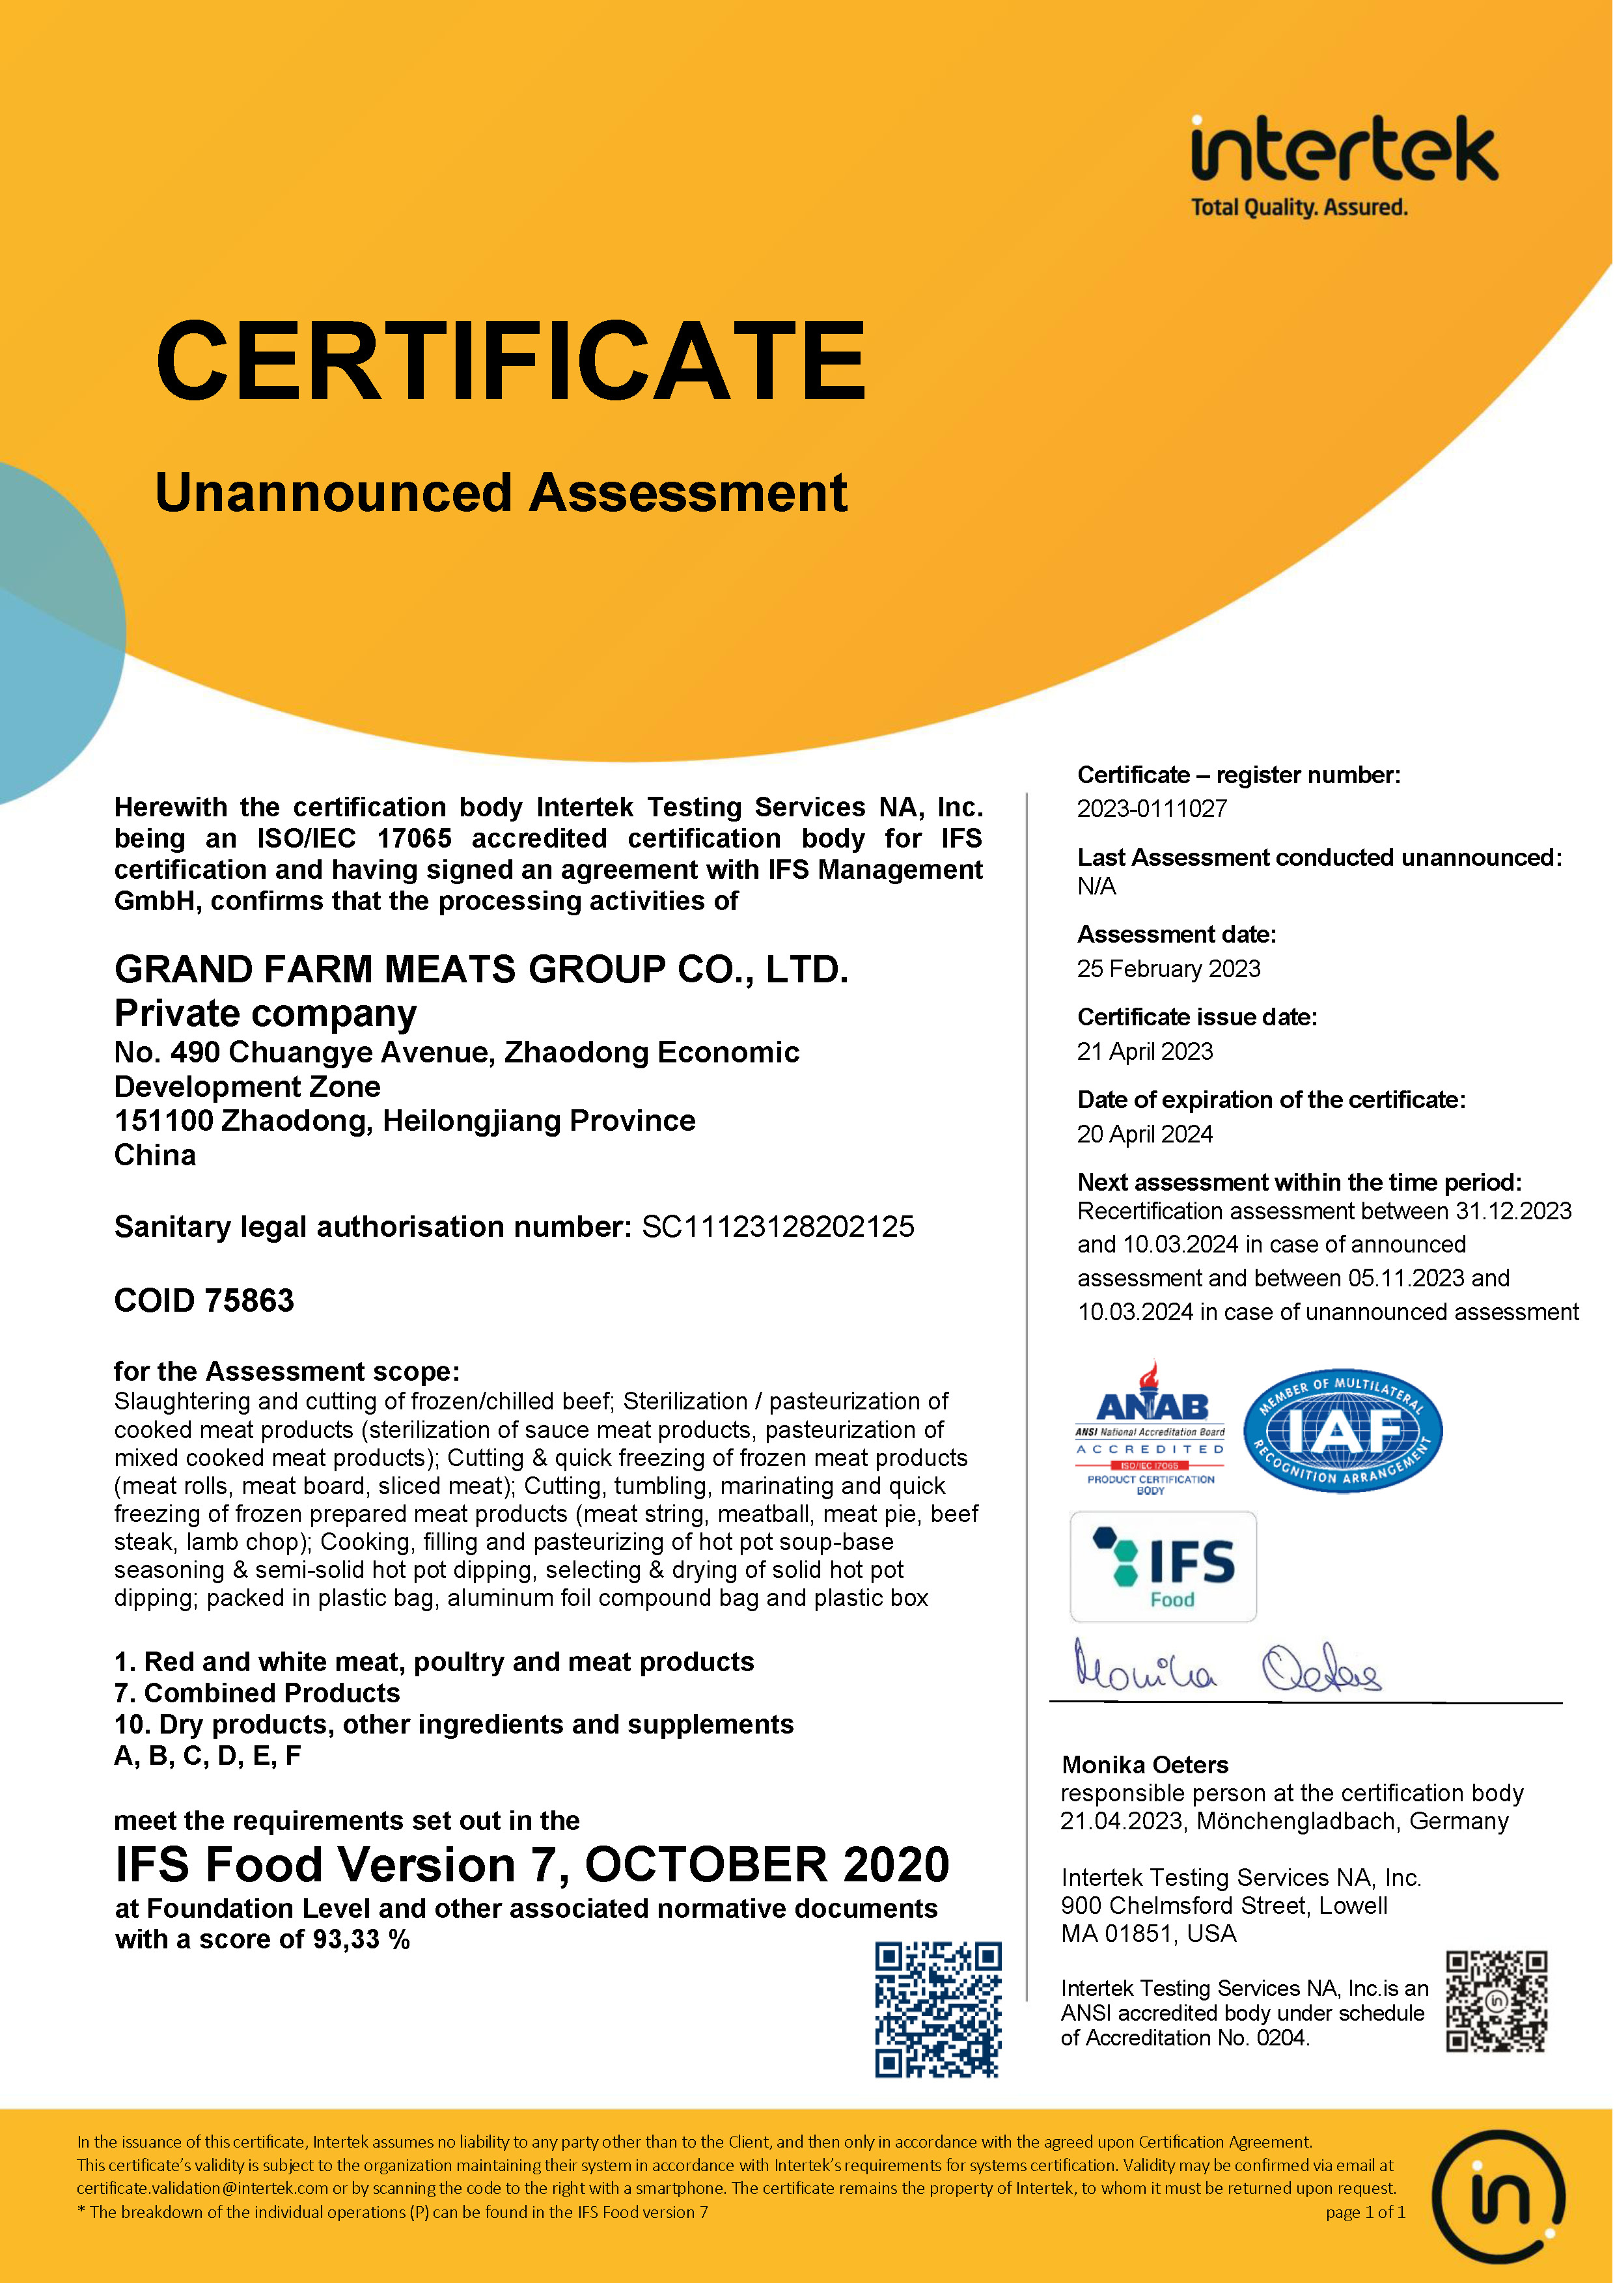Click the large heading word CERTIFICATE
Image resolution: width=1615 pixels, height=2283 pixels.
click(x=511, y=360)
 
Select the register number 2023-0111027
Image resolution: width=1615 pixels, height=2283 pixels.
click(x=1152, y=809)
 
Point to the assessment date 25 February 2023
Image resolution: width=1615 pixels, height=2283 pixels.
click(x=1168, y=969)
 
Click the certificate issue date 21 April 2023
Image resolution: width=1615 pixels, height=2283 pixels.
click(x=1144, y=1051)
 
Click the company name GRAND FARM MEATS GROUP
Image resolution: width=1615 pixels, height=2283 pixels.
click(x=481, y=969)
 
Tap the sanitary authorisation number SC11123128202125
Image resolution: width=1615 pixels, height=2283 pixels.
click(x=778, y=1227)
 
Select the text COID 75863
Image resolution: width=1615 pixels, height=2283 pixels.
click(x=204, y=1301)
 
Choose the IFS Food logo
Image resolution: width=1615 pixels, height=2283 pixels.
click(x=1163, y=1567)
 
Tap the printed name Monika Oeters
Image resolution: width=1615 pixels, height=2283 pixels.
click(x=1144, y=1765)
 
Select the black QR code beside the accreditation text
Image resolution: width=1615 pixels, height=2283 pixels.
click(x=1497, y=2002)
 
